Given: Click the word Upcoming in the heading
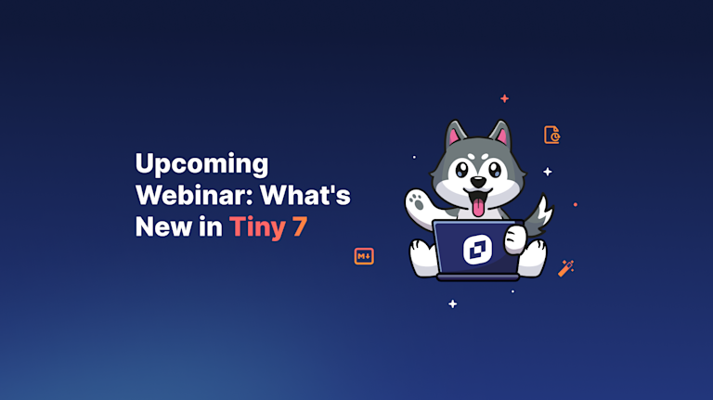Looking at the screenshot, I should [x=201, y=165].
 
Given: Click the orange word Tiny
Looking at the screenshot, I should [x=258, y=227].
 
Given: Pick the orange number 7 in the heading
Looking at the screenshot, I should [x=299, y=226].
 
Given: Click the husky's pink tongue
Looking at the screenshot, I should [x=478, y=205].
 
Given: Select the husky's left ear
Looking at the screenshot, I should [x=454, y=136].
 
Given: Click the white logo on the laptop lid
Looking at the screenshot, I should [x=477, y=250].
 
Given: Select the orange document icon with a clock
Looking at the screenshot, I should [x=552, y=135].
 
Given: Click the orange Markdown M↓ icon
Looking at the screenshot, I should [x=364, y=256].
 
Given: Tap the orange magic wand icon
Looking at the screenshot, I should [x=565, y=268].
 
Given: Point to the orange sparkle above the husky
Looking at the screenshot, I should [x=504, y=98].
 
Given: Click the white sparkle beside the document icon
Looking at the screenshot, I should [x=548, y=171].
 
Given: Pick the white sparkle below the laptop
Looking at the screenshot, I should [x=452, y=303].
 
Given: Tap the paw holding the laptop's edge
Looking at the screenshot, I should [x=513, y=240].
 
